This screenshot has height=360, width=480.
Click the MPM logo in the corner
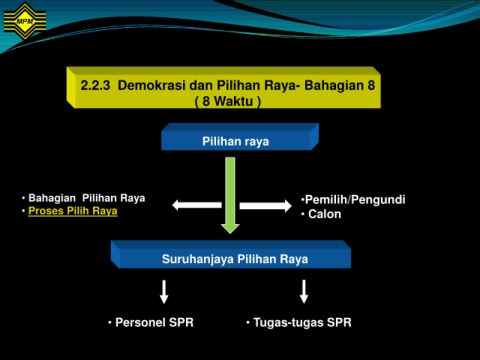click(25, 21)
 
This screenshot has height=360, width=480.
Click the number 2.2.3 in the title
click(95, 85)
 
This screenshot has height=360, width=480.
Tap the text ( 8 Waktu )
click(228, 101)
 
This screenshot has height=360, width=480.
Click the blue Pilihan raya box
click(240, 137)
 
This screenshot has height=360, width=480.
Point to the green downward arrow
click(230, 195)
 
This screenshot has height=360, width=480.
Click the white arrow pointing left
click(197, 205)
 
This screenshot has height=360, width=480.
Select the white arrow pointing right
click(266, 206)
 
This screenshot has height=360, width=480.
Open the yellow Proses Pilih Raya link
click(73, 211)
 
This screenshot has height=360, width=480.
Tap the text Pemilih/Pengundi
click(355, 200)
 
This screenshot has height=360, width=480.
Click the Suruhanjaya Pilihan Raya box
click(231, 255)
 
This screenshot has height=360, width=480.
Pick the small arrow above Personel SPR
click(164, 292)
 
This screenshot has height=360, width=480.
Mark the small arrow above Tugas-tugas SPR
click(304, 291)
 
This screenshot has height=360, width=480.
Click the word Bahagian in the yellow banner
click(334, 86)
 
